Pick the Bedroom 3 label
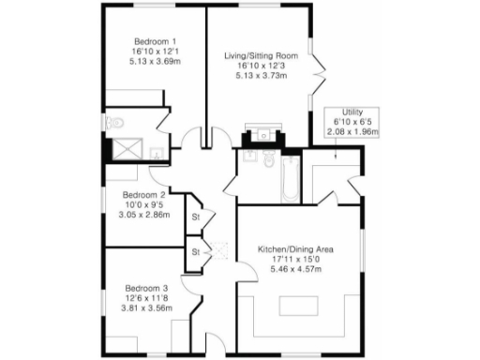tap(147, 287)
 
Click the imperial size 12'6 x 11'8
tap(147, 297)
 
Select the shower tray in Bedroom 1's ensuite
tap(125, 148)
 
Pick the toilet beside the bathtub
tap(269, 160)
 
